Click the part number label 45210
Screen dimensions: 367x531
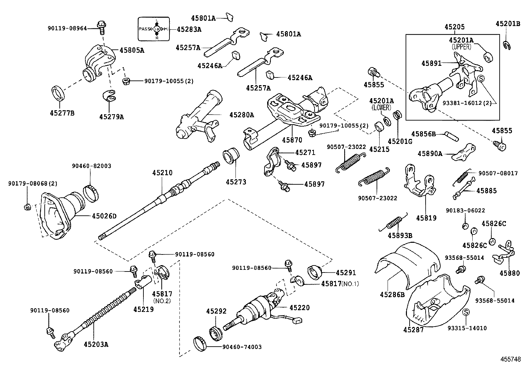click(162, 173)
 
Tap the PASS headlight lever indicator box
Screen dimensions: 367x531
click(153, 29)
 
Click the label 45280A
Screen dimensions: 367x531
click(241, 115)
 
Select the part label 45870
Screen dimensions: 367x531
click(292, 140)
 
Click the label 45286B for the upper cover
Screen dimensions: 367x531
click(392, 295)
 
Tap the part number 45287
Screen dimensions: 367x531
click(413, 330)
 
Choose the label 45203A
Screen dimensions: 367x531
click(96, 344)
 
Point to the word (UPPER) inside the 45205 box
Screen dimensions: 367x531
click(462, 47)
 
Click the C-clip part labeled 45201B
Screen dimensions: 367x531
click(507, 45)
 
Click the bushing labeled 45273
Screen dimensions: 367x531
click(230, 156)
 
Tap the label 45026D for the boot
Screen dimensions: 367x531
click(104, 216)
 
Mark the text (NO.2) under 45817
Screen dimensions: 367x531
click(162, 301)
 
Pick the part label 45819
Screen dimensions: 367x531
click(426, 218)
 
